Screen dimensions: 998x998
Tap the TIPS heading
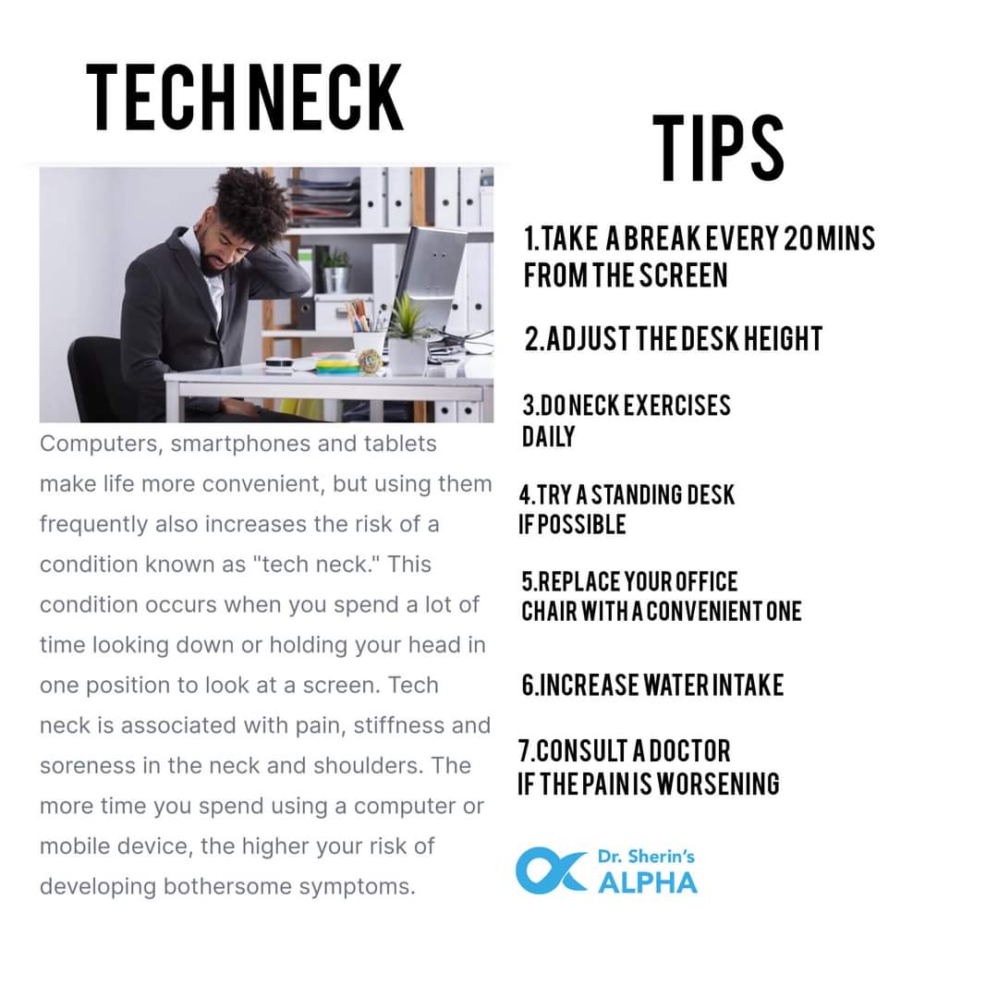pos(719,148)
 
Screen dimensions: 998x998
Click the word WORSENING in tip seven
pos(718,784)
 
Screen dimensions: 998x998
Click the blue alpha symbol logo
pos(551,870)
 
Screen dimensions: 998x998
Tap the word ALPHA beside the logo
pos(647,882)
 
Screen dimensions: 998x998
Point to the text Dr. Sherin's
pos(646,857)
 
